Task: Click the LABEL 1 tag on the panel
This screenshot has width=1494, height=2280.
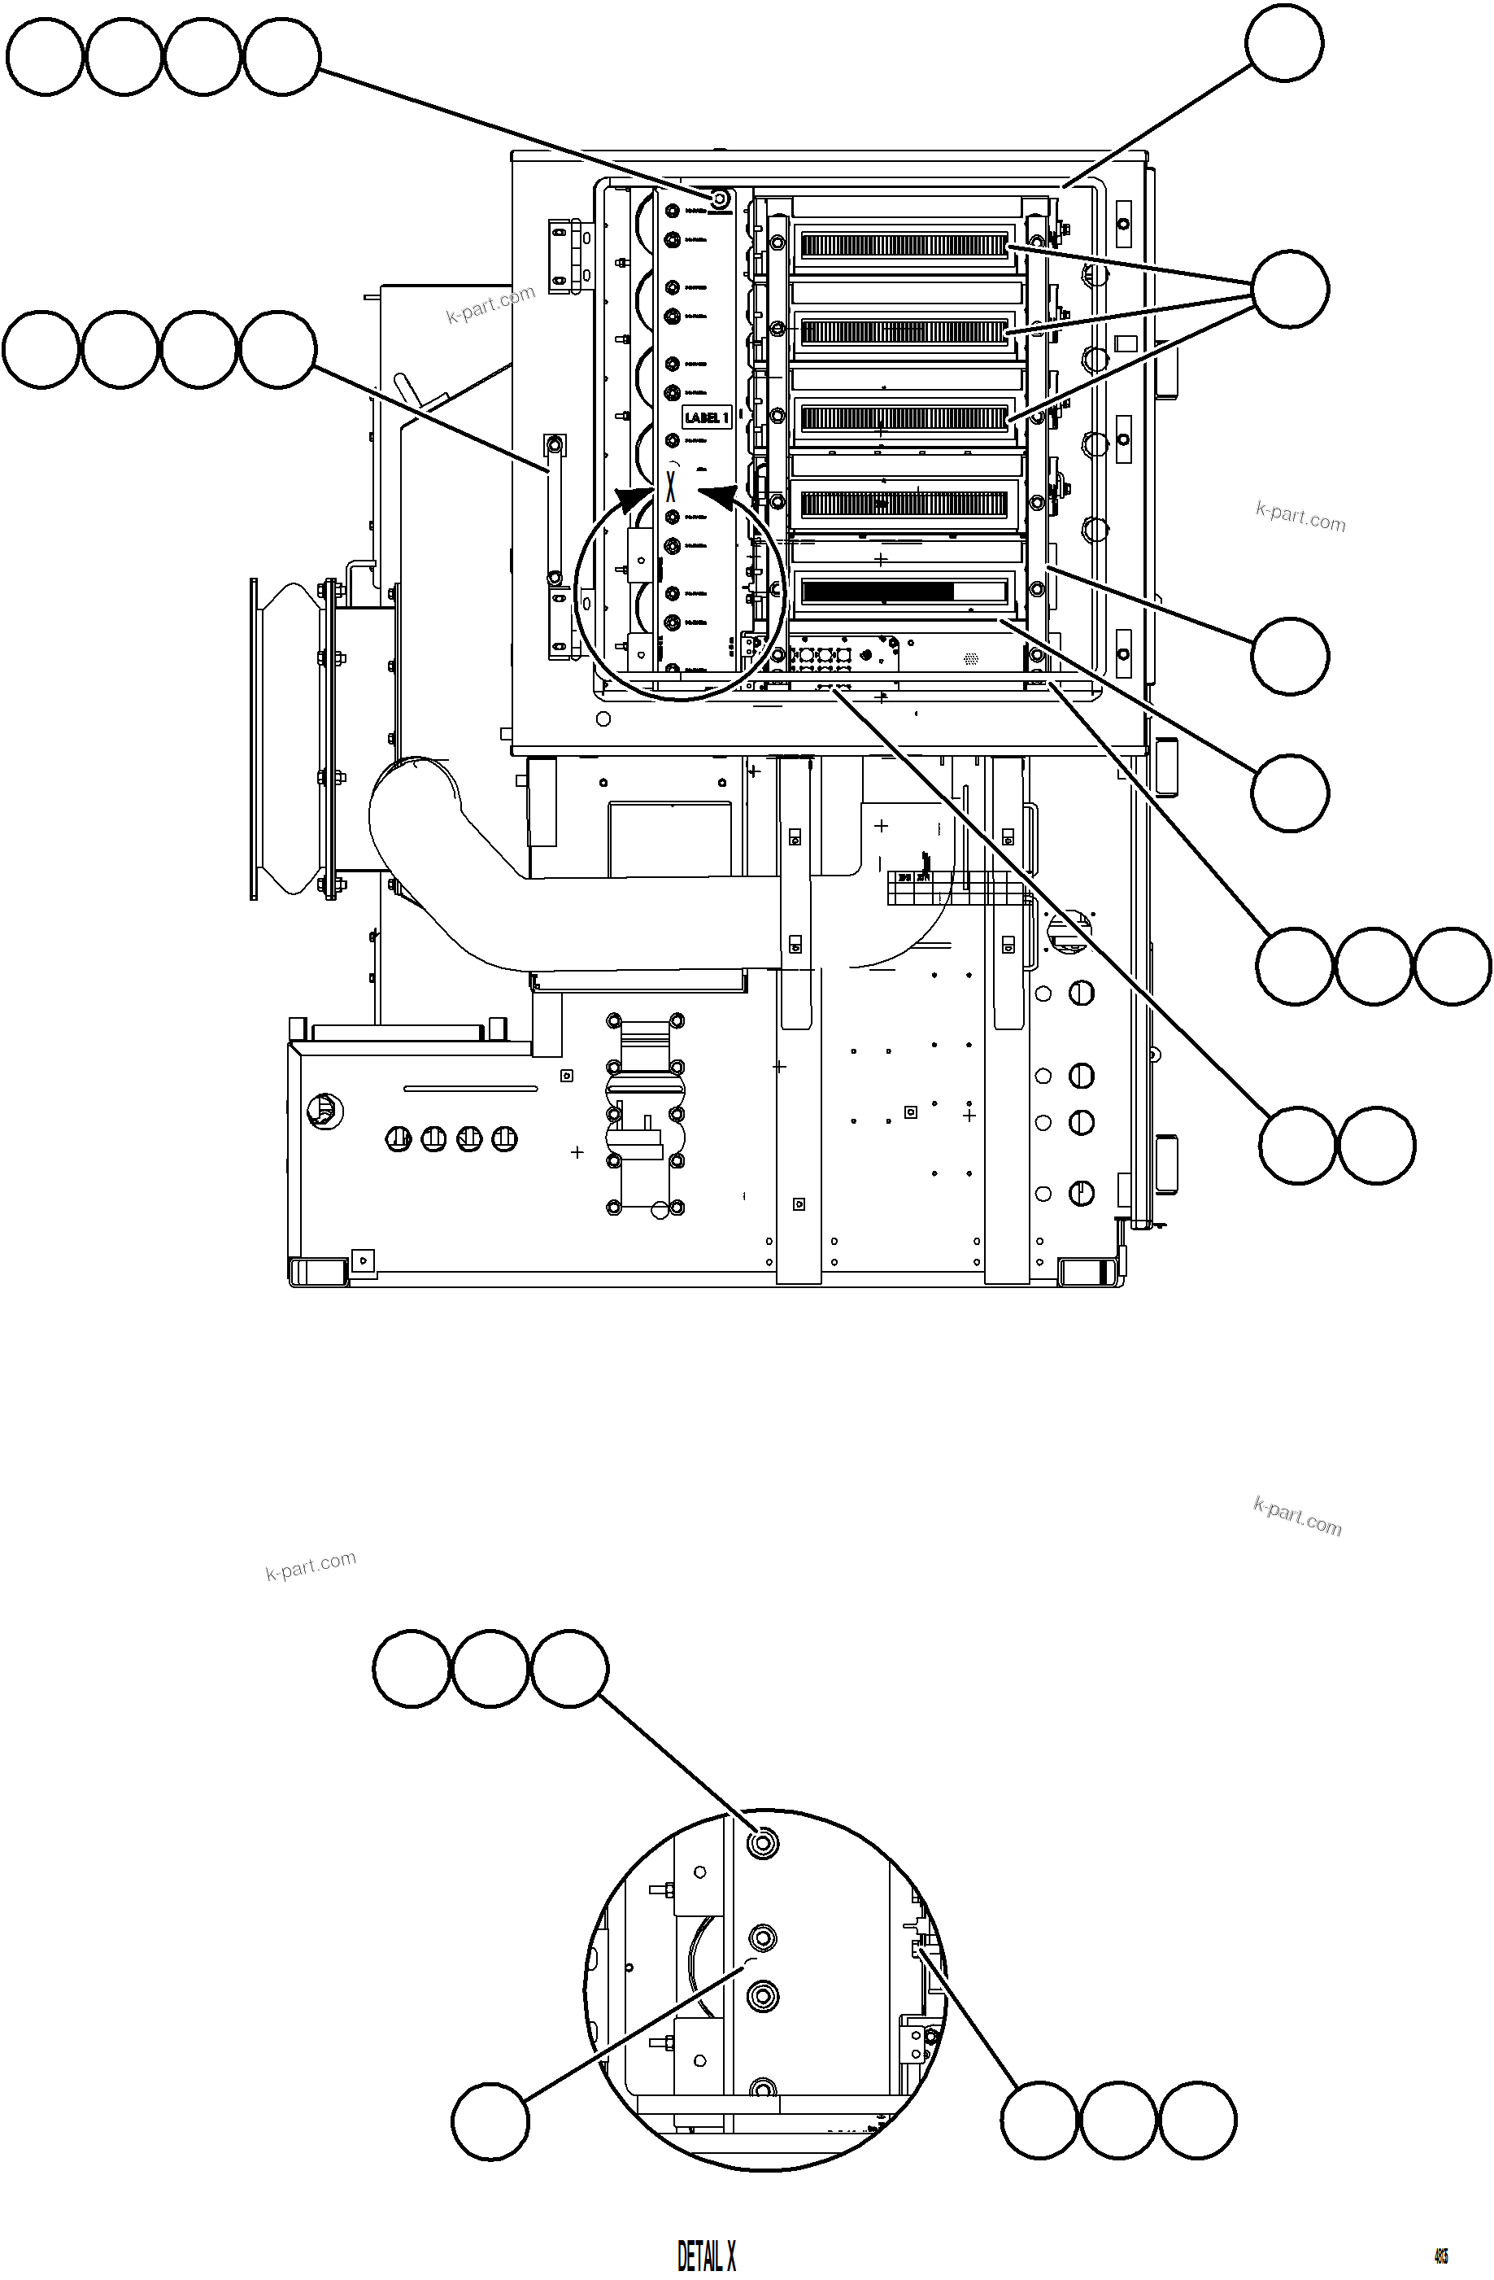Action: tap(706, 417)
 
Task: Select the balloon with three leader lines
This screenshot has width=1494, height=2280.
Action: tap(1289, 288)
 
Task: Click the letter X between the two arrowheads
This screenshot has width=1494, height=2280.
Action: tap(670, 486)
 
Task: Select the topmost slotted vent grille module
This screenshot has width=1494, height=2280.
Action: tap(903, 247)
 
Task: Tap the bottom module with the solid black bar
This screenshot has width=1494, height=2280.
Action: tap(903, 591)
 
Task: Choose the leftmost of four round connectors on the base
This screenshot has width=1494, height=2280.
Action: tap(399, 1139)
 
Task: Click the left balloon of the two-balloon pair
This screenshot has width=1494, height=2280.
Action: tap(1296, 1146)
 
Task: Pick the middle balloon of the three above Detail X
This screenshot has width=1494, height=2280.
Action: tap(490, 1668)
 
